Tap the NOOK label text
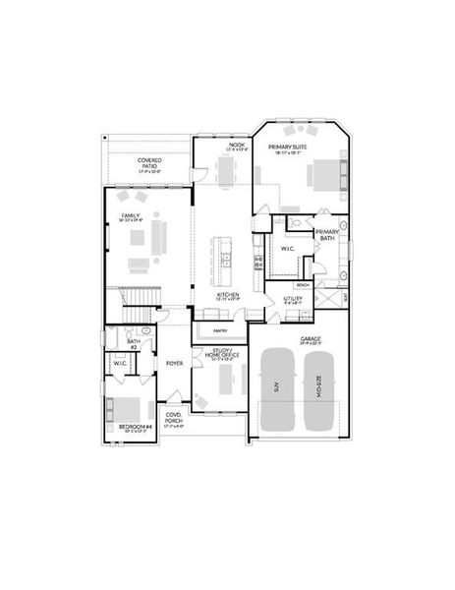(x=236, y=146)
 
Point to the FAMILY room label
(x=130, y=216)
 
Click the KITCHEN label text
(x=228, y=295)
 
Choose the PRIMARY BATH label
(x=326, y=236)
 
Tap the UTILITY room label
(x=293, y=299)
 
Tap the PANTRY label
(x=221, y=330)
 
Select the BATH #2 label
(x=134, y=343)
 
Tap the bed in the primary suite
(x=322, y=177)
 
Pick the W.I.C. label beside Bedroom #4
(x=120, y=364)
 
